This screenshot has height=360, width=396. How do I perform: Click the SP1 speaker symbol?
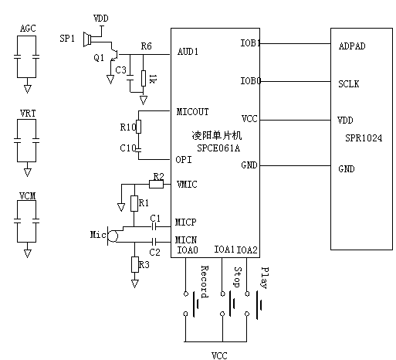coord(87,39)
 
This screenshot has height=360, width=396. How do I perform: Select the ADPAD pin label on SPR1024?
coord(352,46)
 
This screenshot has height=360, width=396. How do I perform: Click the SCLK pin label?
coord(348,84)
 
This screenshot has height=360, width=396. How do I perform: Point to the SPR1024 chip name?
coord(364,138)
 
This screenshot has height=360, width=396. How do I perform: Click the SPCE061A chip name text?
coord(218,148)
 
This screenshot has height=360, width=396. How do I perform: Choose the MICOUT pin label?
coord(192,112)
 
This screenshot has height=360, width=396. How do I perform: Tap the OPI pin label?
coord(184,160)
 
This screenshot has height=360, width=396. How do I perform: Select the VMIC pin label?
coord(187,185)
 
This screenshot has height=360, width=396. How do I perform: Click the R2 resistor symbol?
coord(156,184)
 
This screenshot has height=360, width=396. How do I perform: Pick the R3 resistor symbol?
coord(135,264)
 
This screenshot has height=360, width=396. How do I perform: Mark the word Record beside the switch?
coord(205,282)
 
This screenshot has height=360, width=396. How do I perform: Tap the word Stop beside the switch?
coord(238,277)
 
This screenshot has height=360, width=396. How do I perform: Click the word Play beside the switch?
coord(265,277)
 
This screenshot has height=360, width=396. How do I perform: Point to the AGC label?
coord(28,29)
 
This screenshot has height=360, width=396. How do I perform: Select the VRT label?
coord(28,114)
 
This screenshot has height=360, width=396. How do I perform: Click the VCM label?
coord(28,196)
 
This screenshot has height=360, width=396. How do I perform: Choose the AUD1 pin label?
coord(188,52)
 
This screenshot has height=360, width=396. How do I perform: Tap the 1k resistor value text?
coord(153,79)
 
